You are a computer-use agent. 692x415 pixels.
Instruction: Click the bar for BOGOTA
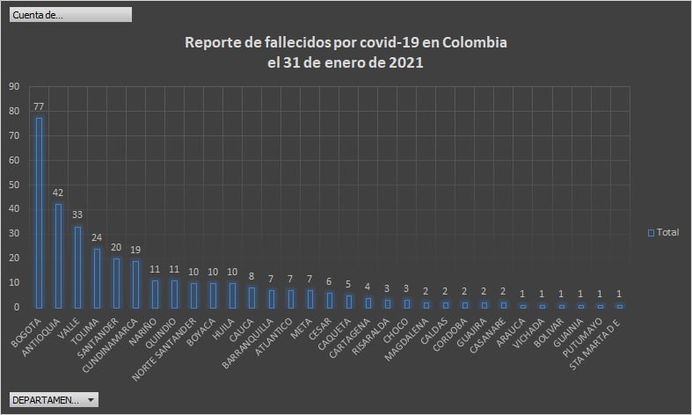39,211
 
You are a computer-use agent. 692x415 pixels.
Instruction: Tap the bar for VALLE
77,266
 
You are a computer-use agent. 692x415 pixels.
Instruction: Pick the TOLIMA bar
97,277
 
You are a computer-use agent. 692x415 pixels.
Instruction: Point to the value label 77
39,106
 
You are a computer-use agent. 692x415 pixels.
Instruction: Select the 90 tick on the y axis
13,87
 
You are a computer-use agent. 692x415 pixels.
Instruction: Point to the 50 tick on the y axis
13,185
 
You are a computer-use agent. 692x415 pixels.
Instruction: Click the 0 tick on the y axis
16,307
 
